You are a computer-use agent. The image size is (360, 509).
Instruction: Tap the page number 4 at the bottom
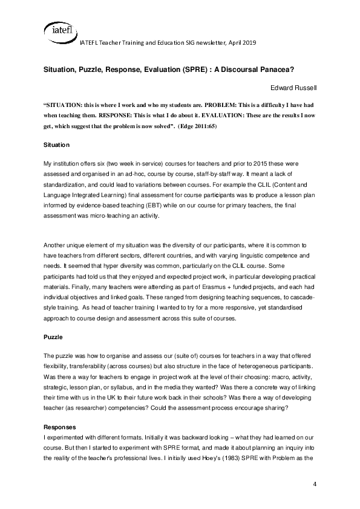point(315,485)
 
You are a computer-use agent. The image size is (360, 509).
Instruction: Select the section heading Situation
point(57,145)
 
